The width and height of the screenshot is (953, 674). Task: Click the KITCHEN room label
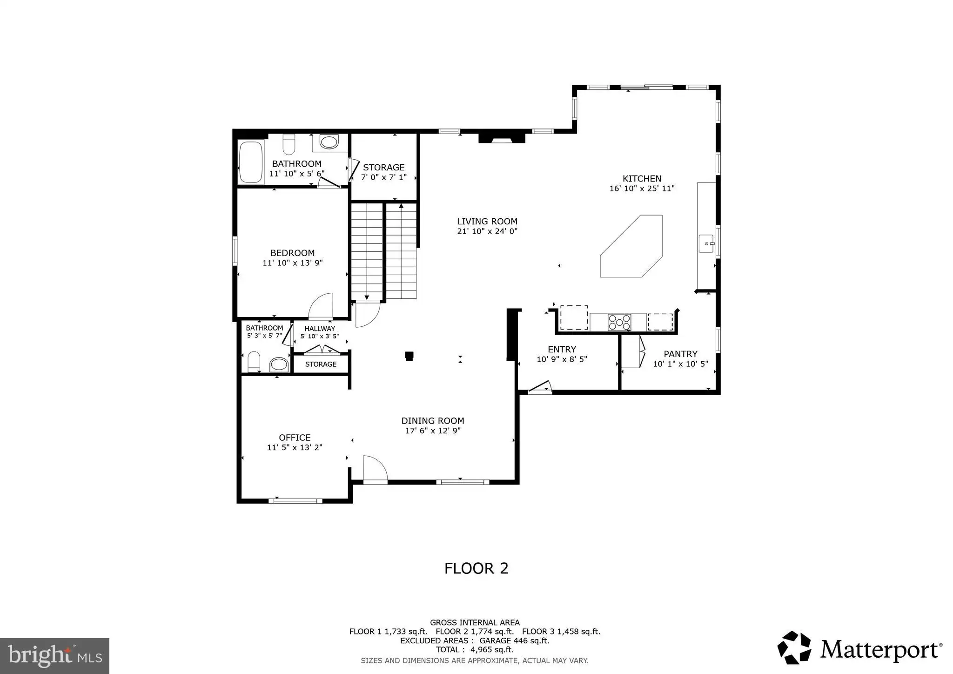click(642, 178)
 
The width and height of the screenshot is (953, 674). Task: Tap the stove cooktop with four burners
click(619, 322)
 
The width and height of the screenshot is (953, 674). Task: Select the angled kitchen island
click(631, 246)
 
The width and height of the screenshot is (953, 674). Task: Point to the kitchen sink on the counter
click(706, 243)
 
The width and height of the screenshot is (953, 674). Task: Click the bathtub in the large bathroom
click(250, 162)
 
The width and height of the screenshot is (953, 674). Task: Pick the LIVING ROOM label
click(487, 222)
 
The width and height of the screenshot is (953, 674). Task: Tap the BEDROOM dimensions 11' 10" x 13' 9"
click(293, 263)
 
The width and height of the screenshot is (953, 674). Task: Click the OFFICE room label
click(295, 438)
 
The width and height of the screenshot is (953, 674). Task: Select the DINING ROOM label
click(433, 421)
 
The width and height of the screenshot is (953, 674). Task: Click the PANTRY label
click(680, 354)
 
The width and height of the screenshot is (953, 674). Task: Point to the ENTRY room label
click(562, 349)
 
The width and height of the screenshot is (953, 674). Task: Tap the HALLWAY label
click(320, 329)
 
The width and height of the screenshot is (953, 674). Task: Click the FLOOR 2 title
click(476, 568)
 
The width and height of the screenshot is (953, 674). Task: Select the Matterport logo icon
click(794, 647)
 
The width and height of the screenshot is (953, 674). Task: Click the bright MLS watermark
click(55, 656)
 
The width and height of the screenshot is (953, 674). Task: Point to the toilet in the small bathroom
click(254, 362)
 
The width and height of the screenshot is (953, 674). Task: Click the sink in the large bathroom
click(329, 142)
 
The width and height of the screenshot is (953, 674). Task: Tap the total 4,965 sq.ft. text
click(475, 650)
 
